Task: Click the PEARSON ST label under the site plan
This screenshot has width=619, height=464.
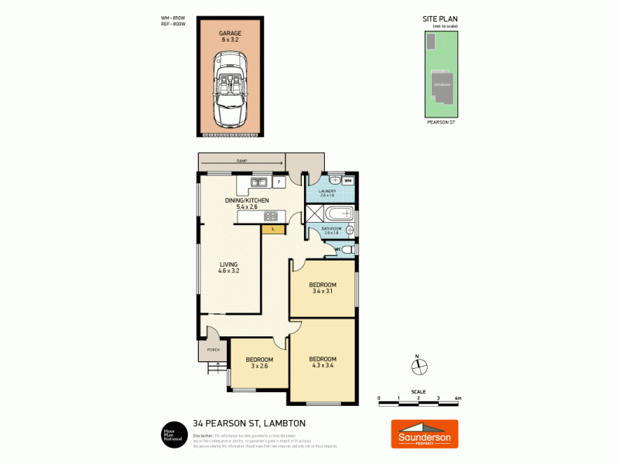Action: tap(441, 121)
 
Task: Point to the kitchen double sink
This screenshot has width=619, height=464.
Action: tap(258, 183)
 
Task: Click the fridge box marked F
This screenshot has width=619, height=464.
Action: tap(278, 183)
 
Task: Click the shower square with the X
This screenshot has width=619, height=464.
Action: tap(314, 214)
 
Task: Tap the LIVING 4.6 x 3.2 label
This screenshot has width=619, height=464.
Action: tap(228, 268)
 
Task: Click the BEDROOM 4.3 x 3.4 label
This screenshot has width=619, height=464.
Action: tap(323, 362)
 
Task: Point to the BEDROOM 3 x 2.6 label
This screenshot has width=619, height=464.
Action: tap(259, 363)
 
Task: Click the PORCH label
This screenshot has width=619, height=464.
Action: tap(214, 350)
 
